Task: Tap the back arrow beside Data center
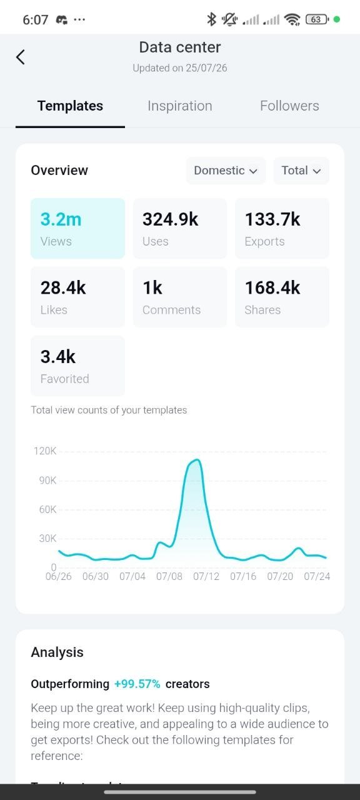21,57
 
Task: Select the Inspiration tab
179,106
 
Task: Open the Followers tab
289,106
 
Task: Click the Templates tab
71,106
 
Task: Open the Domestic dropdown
226,171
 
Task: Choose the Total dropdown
301,171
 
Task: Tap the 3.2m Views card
78,228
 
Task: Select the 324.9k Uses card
180,228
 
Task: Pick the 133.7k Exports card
282,228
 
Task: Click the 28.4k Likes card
78,297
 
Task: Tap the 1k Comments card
180,297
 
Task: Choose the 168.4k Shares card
282,297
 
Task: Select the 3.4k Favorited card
78,366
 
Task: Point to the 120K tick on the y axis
45,451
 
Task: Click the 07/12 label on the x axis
206,576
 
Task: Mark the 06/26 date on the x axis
59,576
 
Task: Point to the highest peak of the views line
197,459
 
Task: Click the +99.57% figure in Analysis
137,684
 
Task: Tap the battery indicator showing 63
317,19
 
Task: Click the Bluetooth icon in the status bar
211,19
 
